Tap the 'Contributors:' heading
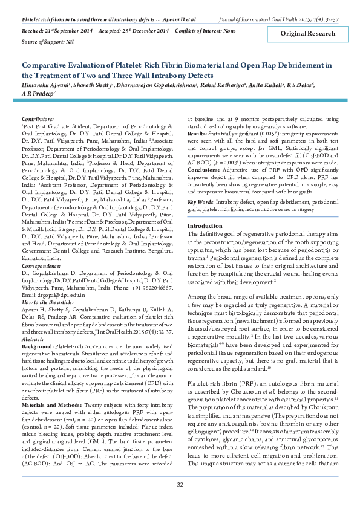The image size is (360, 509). [x=38, y=120]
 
